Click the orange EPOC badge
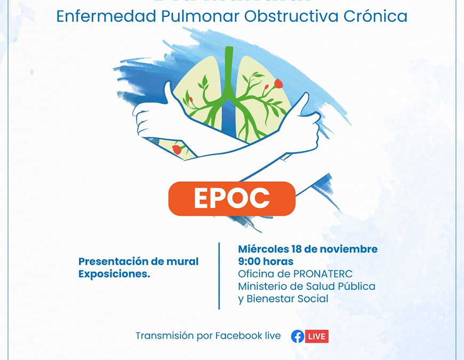coord(232,198)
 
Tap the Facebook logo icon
coord(298,336)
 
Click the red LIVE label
coord(317,336)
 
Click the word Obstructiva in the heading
coord(290,16)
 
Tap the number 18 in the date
coord(297,249)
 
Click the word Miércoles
coord(263,249)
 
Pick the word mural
coord(183,261)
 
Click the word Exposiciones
coord(114,274)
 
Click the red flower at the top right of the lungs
coord(278,83)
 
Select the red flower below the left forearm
coord(177,149)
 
